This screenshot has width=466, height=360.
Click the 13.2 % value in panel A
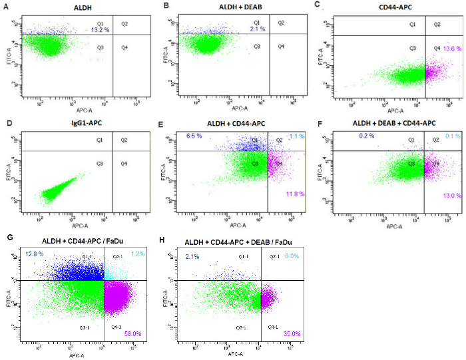tap(100, 30)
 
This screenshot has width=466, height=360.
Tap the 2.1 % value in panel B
tap(257, 30)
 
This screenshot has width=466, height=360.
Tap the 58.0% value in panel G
tap(134, 332)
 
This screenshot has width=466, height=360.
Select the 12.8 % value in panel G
tap(34, 254)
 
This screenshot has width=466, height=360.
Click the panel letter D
tap(8, 123)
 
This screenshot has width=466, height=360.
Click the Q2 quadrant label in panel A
tap(125, 23)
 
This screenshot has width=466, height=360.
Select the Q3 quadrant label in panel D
tap(99, 162)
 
